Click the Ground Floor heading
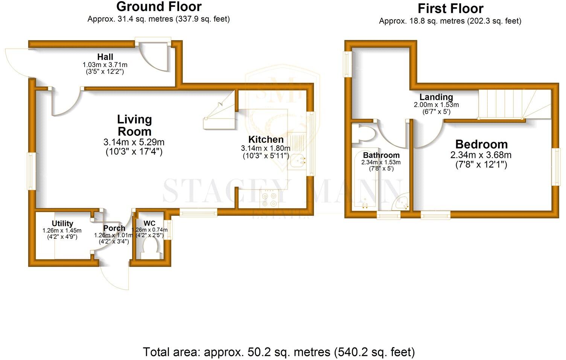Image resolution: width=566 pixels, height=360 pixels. pos(159,7)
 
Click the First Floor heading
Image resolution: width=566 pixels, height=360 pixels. pos(450,8)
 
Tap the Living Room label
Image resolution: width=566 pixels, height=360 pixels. pos(134,125)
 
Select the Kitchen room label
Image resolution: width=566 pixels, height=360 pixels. pos(266,140)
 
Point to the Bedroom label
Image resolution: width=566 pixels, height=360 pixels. pos(481,144)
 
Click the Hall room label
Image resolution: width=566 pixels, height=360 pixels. pos(105,57)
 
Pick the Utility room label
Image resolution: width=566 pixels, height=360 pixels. pos(62,223)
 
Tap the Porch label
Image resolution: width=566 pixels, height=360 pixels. pos(114,228)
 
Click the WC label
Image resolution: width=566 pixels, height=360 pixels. pos(149,224)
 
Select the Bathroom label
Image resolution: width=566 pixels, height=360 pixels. pos(381,155)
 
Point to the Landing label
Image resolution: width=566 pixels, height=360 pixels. pos(436,97)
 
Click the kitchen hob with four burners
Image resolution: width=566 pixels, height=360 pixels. pos(269,200)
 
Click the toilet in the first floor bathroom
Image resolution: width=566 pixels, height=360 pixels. pos(363,134)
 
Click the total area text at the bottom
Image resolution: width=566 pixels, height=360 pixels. pos(279,352)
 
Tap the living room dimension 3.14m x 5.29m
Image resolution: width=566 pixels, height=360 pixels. pos(134,143)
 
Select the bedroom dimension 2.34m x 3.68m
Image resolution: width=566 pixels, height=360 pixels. pos(481,155)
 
